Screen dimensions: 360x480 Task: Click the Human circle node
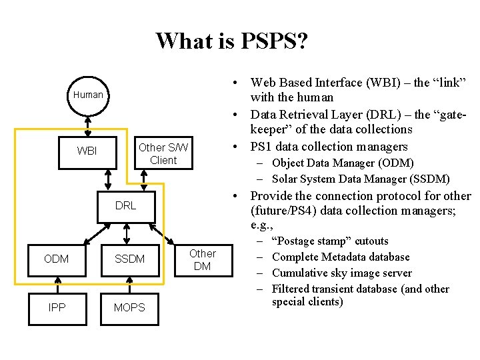click(x=88, y=95)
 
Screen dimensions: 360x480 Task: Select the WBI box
click(x=87, y=151)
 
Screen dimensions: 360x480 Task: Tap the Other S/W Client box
click(x=163, y=154)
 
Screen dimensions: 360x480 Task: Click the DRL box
click(x=125, y=205)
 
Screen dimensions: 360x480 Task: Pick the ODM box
click(x=56, y=259)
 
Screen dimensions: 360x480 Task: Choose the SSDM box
click(x=129, y=259)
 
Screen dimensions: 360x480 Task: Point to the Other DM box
click(x=202, y=259)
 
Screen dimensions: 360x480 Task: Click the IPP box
click(x=56, y=307)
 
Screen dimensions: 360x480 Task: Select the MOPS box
click(x=129, y=307)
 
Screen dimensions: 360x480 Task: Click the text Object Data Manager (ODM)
click(x=343, y=163)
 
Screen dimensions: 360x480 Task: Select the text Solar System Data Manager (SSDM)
click(x=361, y=179)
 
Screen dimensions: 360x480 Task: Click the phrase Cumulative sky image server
click(x=342, y=273)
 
